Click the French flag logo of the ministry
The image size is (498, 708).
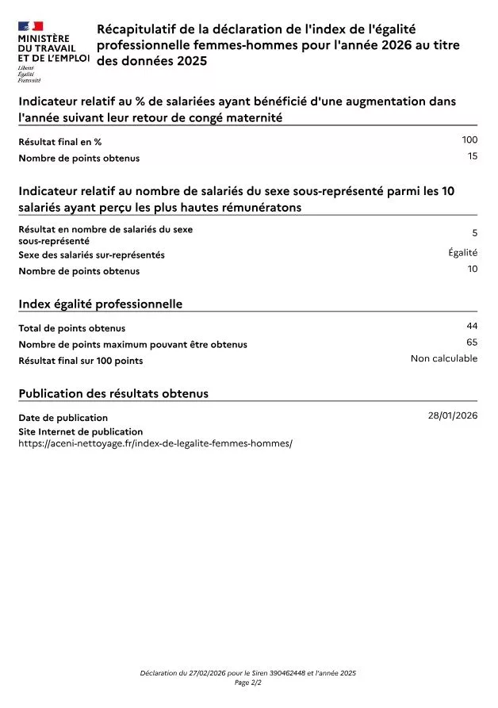tap(30, 27)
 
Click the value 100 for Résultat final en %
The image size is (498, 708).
tap(469, 140)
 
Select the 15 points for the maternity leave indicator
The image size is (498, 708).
tap(473, 156)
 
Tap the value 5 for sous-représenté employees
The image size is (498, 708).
tap(475, 233)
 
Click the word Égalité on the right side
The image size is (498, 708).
tap(463, 253)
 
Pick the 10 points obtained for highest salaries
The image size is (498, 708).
tap(473, 269)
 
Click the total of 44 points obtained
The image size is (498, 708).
tap(473, 326)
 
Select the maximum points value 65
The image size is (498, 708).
tap(473, 343)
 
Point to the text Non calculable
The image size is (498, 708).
tap(444, 358)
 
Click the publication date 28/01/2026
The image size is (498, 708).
tap(453, 415)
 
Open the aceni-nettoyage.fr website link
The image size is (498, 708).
tap(155, 443)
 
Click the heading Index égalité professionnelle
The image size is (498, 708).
tap(100, 304)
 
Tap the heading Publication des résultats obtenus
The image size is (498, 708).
tap(113, 393)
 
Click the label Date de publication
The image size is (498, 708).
tap(63, 418)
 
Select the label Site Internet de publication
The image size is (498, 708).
tap(81, 432)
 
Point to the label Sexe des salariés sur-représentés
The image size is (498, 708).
tap(92, 255)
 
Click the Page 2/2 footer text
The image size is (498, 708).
tap(248, 683)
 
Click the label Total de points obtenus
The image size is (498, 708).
tap(72, 328)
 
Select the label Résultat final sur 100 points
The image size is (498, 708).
tap(81, 361)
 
